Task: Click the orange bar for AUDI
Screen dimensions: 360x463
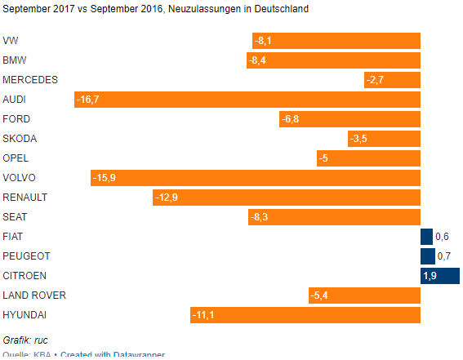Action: tap(247, 100)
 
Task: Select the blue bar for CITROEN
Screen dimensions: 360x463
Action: tap(440, 276)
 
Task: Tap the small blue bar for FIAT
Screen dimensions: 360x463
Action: tap(426, 237)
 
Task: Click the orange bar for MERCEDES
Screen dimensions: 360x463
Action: tap(392, 80)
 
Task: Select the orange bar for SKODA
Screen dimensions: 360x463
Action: tap(384, 139)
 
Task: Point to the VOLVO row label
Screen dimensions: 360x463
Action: tap(20, 178)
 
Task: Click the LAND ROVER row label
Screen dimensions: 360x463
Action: tap(34, 296)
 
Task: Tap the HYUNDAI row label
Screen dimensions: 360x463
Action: tap(25, 315)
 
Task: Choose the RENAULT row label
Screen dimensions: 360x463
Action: tap(25, 198)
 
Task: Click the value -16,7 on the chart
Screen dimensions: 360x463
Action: tap(87, 100)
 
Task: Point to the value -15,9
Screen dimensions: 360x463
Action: tap(104, 178)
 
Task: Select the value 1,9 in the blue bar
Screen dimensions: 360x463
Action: tap(430, 276)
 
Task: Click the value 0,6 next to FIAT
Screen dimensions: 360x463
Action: tap(443, 237)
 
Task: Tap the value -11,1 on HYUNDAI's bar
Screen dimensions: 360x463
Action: tap(203, 315)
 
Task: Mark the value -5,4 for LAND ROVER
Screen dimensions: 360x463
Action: tap(321, 296)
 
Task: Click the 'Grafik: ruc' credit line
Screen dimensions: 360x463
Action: tap(26, 340)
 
